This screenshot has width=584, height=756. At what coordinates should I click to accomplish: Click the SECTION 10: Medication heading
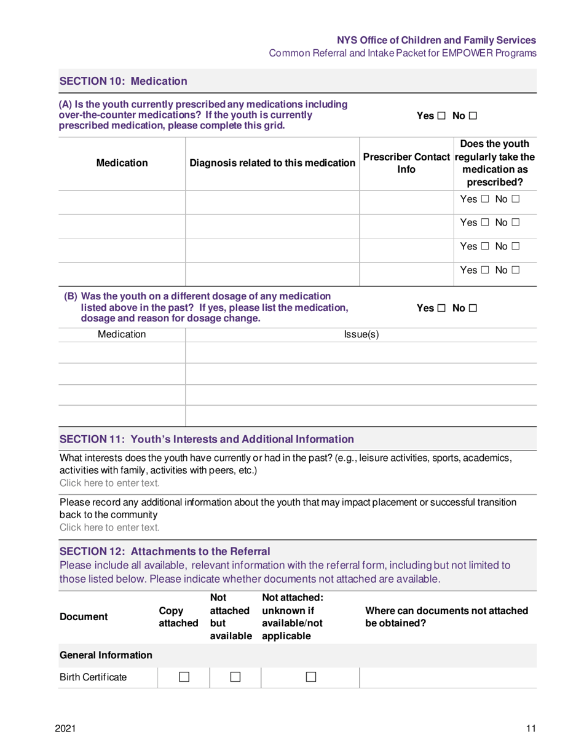(123, 81)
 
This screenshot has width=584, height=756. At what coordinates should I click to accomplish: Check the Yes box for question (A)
(441, 115)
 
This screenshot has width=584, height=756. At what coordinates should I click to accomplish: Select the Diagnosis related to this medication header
(273, 163)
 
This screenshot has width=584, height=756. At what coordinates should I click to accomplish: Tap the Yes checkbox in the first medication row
(484, 201)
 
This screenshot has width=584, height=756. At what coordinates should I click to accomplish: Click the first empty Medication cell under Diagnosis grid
(122, 201)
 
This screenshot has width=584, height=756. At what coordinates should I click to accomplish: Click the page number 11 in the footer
(532, 728)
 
